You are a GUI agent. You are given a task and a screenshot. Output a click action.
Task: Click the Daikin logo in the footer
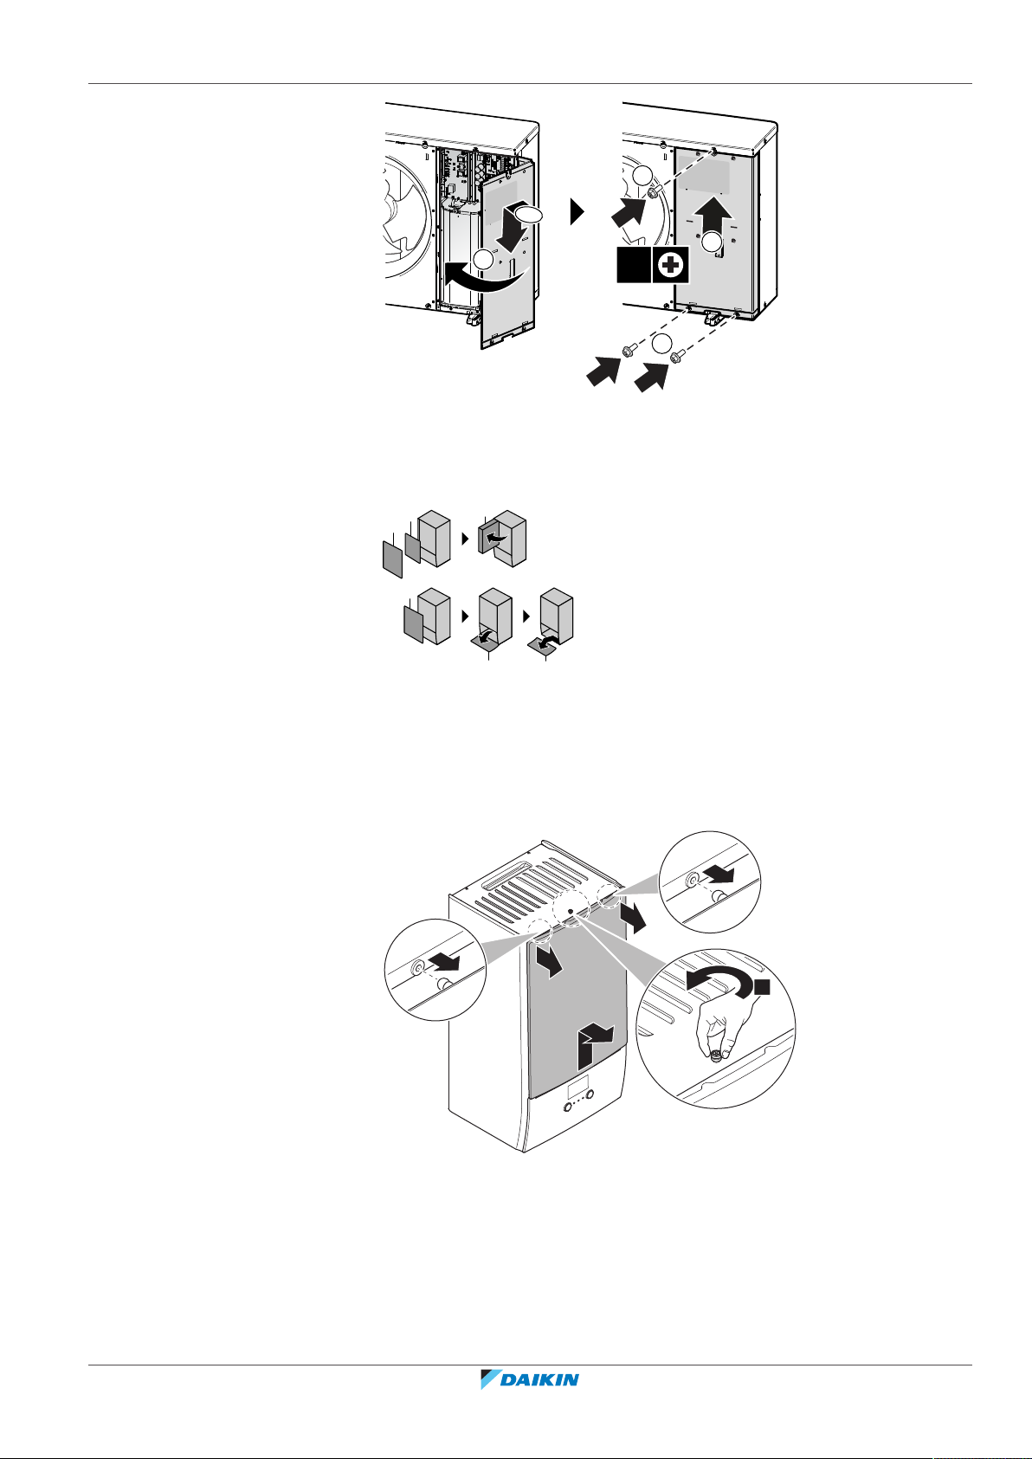coord(529,1378)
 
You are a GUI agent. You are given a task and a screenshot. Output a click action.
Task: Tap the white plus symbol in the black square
coord(671,264)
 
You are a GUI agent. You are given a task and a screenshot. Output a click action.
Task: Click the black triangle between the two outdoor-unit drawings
coord(577,212)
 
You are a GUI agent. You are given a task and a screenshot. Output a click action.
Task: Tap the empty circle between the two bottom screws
coord(661,343)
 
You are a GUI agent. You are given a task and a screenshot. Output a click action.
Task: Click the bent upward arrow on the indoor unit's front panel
coord(594,1043)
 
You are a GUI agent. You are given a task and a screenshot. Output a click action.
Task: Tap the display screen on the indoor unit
coord(577,1087)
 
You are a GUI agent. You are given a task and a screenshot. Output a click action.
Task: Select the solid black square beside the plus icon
coord(633,264)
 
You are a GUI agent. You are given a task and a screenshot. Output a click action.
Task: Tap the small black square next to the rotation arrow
coord(763,987)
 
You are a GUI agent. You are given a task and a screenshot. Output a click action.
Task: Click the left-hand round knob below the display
coord(567,1107)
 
